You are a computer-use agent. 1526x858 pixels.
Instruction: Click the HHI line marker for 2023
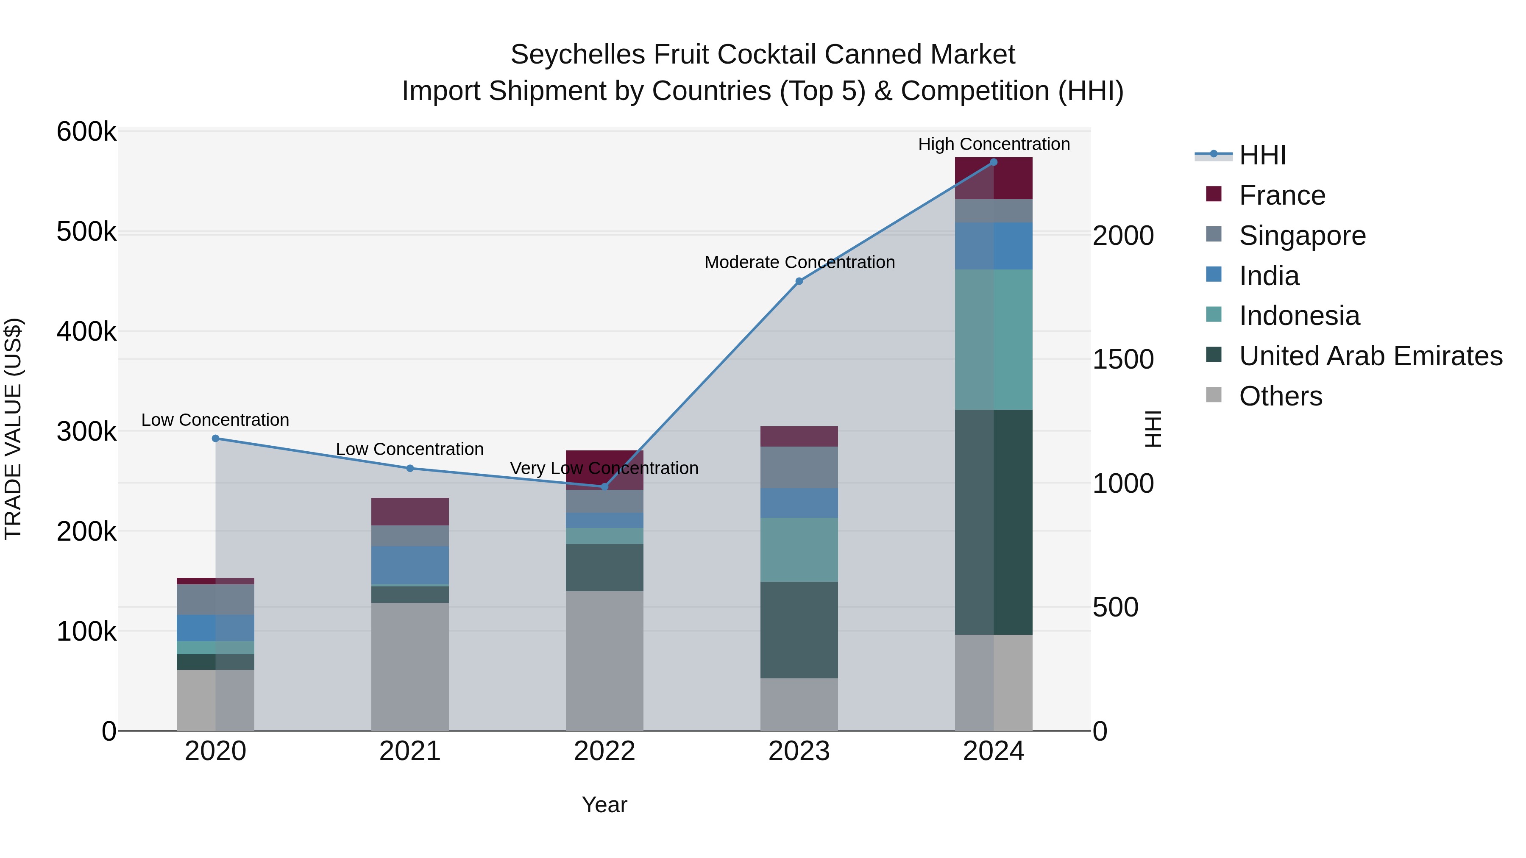pos(799,281)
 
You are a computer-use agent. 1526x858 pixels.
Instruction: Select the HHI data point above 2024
pos(994,162)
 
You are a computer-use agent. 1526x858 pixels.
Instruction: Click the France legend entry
pos(1281,195)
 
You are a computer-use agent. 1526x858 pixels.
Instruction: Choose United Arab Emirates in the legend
pos(1370,356)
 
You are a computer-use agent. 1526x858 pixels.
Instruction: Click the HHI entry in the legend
pos(1262,155)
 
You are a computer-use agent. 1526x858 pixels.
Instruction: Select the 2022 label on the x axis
pos(604,751)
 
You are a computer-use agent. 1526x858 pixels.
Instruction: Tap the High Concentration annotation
pos(994,144)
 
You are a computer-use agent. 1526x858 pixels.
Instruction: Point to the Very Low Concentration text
pos(604,468)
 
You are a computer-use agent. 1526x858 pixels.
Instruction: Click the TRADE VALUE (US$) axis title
pos(13,429)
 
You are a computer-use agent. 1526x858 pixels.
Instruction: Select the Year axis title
pos(604,805)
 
